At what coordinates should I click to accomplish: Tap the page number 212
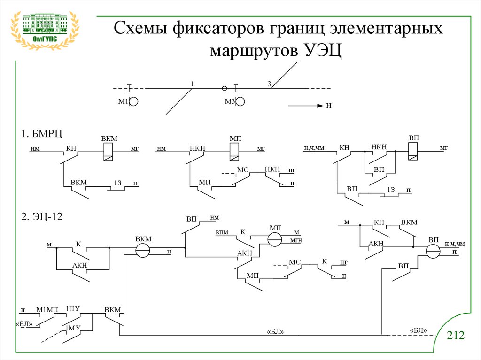click(x=455, y=335)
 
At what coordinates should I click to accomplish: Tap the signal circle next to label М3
click(x=240, y=101)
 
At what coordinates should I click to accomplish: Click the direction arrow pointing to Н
click(x=305, y=106)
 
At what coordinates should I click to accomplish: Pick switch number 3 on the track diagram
click(x=269, y=84)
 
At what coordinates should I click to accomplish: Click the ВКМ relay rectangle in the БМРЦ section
click(x=109, y=152)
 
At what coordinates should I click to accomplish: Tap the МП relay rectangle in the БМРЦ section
click(x=234, y=152)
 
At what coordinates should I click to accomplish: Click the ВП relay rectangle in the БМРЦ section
click(x=413, y=151)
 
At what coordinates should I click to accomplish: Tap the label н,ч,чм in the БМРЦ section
click(x=314, y=148)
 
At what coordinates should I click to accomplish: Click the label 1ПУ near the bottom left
click(x=73, y=308)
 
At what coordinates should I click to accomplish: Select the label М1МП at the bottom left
click(x=47, y=309)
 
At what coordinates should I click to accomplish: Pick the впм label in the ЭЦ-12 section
click(x=222, y=232)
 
